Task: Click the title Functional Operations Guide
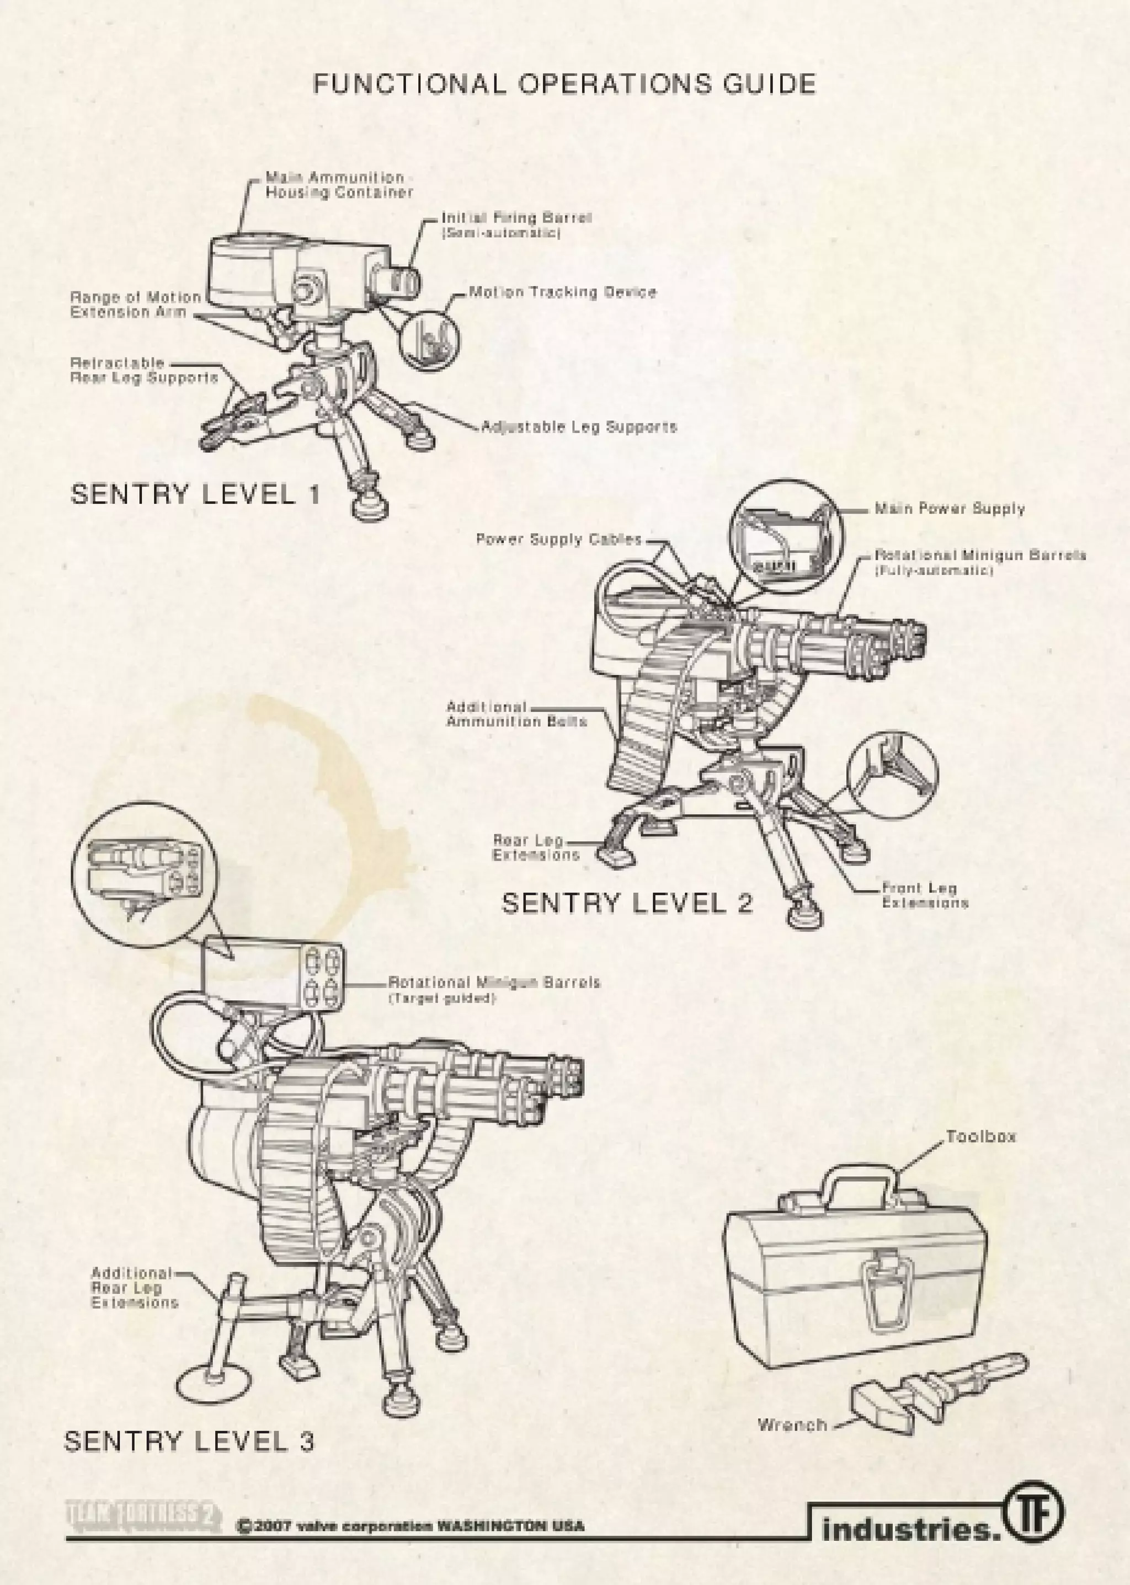[x=563, y=85]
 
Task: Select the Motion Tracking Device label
[x=562, y=292]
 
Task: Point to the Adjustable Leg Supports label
[x=579, y=426]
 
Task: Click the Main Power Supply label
[x=949, y=509]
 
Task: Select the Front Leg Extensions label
[x=925, y=895]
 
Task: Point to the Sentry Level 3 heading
[x=189, y=1441]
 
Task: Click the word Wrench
[x=792, y=1425]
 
